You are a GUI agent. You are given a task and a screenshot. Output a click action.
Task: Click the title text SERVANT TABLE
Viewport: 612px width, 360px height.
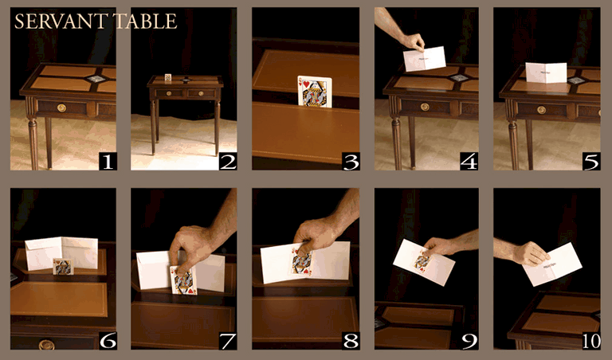click(96, 22)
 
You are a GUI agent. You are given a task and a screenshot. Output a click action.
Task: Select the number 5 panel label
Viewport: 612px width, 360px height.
click(590, 162)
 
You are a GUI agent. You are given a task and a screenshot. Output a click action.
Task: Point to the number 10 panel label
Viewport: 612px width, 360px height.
click(590, 341)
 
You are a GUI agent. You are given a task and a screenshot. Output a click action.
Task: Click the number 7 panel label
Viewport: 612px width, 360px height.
click(228, 341)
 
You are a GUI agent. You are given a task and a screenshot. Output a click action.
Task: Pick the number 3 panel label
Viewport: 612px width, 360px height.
click(349, 162)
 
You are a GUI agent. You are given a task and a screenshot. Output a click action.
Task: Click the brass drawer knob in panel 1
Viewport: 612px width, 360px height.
click(61, 107)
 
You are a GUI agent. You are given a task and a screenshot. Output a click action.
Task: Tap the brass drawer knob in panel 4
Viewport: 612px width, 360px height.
click(424, 107)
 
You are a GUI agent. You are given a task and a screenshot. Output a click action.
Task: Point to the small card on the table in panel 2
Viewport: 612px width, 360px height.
click(168, 77)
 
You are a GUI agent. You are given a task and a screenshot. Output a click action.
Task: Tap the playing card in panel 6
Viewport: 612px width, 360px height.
click(62, 266)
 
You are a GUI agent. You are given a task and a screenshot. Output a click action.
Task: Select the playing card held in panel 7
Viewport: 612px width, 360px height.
click(183, 279)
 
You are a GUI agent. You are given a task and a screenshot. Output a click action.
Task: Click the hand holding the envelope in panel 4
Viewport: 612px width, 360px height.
click(412, 41)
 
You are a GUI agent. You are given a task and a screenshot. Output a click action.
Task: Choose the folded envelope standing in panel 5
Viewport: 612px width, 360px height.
click(546, 73)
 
